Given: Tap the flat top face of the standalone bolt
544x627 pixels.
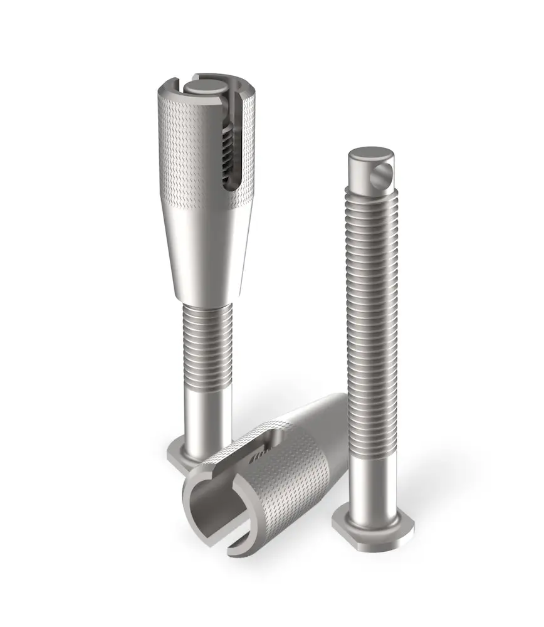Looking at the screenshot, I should coord(370,155).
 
